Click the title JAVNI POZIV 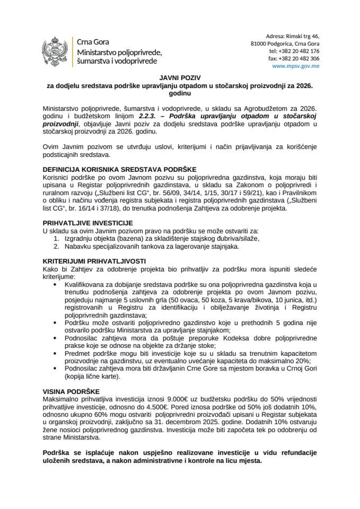pyautogui.click(x=180, y=77)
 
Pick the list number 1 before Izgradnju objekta pyautogui.click(x=57, y=239)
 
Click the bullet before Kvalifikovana pyautogui.click(x=57, y=285)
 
